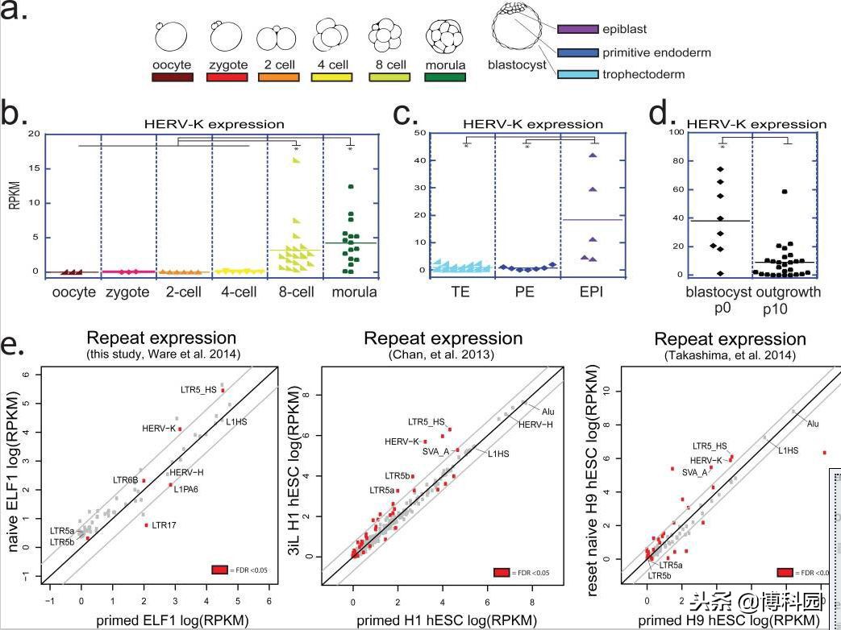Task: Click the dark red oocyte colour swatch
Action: click(x=172, y=77)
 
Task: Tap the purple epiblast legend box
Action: click(x=577, y=30)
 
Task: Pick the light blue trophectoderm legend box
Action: click(x=577, y=75)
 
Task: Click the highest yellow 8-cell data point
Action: click(x=296, y=160)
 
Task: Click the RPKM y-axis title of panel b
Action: click(x=13, y=197)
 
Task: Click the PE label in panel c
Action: click(x=525, y=292)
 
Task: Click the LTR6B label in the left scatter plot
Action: click(x=125, y=480)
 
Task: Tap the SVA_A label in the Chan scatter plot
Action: click(x=435, y=451)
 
